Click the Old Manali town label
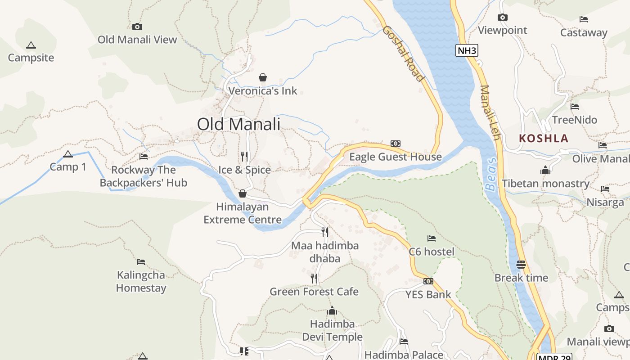[238, 124]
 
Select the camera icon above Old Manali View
[137, 27]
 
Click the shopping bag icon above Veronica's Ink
[263, 78]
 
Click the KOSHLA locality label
[544, 138]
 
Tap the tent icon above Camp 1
[68, 154]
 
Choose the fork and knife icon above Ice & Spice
[244, 157]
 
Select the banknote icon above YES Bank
[428, 281]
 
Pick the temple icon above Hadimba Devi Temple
[332, 310]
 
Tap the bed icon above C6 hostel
[432, 238]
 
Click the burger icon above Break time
[521, 264]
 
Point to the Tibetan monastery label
[545, 184]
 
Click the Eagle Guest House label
[396, 157]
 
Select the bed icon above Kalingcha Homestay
[141, 261]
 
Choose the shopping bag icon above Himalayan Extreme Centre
[243, 193]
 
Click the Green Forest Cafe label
[314, 292]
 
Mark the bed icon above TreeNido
[575, 107]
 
